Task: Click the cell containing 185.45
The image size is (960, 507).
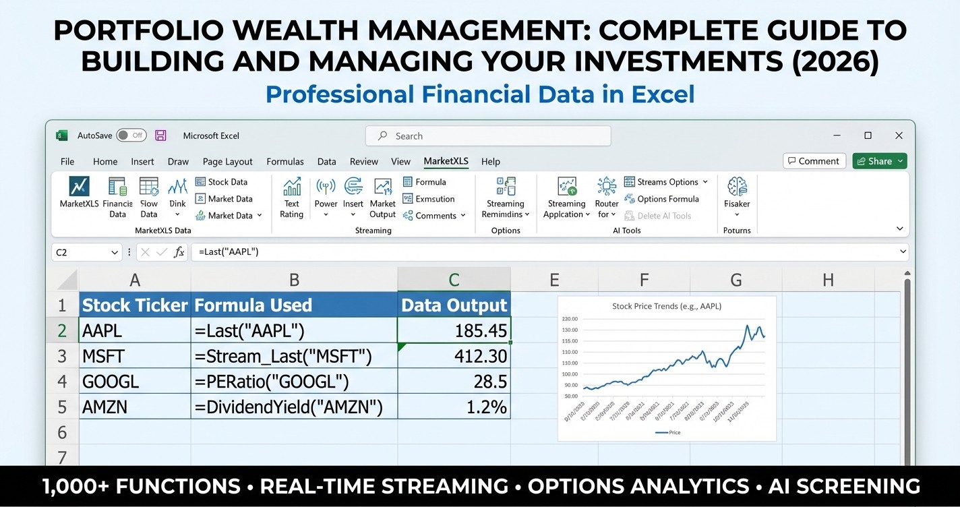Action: point(454,330)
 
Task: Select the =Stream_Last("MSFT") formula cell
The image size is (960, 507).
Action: point(294,356)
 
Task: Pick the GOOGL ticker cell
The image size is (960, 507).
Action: point(135,382)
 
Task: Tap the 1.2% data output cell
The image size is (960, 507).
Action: point(454,407)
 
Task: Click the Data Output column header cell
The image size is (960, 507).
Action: point(454,305)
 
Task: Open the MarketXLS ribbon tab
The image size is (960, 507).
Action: point(446,161)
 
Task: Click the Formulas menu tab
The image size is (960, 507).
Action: point(285,162)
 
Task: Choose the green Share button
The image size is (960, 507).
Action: point(880,161)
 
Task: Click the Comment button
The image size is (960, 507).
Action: point(812,161)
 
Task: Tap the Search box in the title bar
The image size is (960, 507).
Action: point(488,136)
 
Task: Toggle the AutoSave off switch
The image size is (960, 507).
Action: point(131,136)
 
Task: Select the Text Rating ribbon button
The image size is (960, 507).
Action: point(292,198)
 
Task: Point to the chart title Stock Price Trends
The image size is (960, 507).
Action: point(666,306)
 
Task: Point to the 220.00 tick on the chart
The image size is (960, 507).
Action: point(570,319)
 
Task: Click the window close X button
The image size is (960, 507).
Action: point(899,136)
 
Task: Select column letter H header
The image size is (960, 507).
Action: point(827,280)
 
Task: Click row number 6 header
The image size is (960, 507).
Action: point(62,432)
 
